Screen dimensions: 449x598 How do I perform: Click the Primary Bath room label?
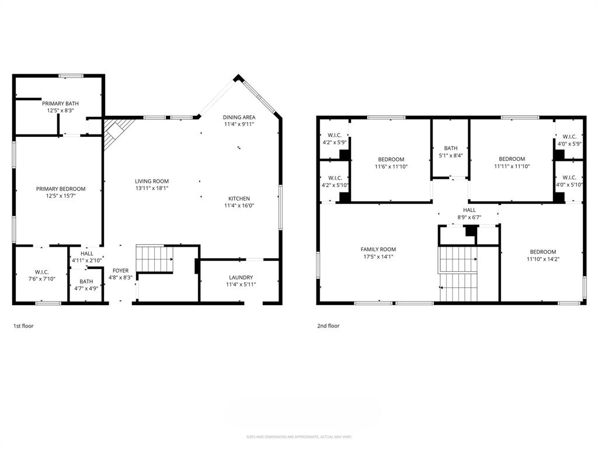[x=60, y=103]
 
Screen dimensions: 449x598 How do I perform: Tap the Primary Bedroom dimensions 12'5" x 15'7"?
[x=60, y=196]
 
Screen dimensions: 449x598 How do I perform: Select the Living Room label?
[x=152, y=181]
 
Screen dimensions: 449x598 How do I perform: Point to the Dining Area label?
[x=239, y=118]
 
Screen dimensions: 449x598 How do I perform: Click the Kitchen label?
[x=239, y=198]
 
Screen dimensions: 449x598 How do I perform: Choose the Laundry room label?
[x=241, y=277]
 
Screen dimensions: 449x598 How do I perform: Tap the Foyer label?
[x=120, y=271]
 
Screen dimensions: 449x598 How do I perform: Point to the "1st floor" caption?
[x=23, y=326]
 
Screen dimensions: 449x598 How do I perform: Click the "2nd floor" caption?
[x=328, y=326]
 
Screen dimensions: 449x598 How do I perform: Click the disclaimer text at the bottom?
[x=298, y=437]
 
